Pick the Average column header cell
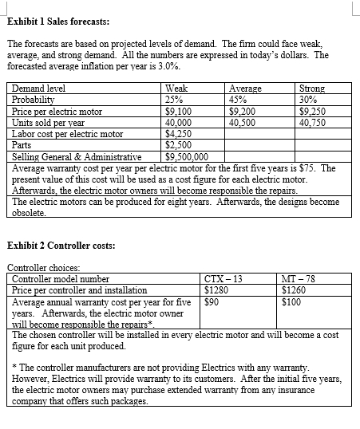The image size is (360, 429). point(244,89)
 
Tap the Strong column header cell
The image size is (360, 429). point(311,89)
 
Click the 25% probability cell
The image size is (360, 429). point(174,100)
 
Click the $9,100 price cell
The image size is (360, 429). point(178,112)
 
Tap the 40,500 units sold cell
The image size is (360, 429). point(244,123)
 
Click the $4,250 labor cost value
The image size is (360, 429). point(178,134)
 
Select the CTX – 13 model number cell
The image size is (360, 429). point(224,279)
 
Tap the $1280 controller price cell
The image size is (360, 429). point(218,290)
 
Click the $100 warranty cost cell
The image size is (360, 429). point(294,302)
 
